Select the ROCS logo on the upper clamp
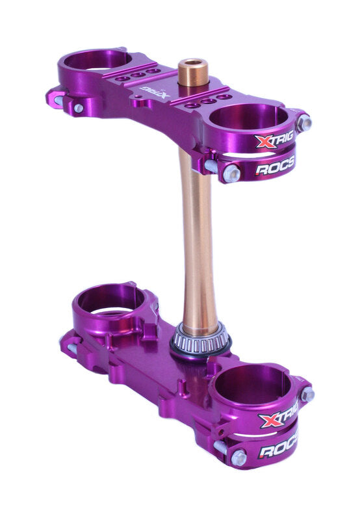coord(275,167)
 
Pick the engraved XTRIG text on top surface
coord(155,91)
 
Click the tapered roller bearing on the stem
coord(200,337)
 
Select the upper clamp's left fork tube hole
coord(97,59)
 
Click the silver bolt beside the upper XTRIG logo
coord(303,122)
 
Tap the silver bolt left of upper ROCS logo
coord(231,173)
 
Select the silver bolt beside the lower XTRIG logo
coord(307,394)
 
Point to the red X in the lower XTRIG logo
coord(268,422)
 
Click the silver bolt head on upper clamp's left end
coord(78,109)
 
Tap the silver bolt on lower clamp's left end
coord(71,349)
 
